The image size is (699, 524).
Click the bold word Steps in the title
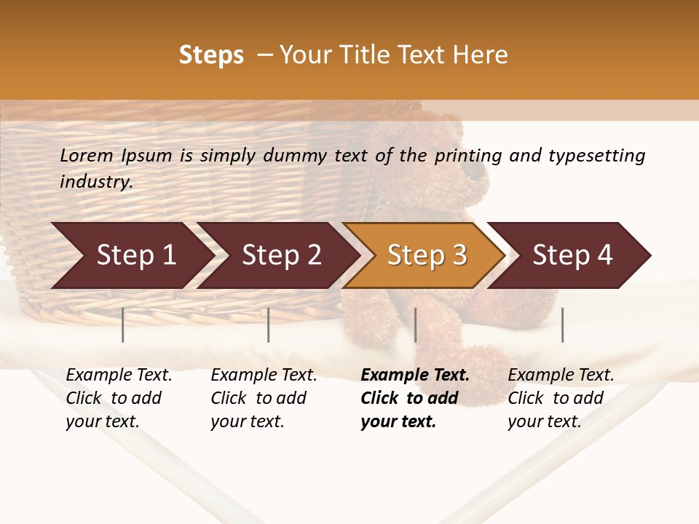tap(211, 55)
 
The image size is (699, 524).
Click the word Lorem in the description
tap(86, 156)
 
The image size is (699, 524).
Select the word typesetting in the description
tap(596, 156)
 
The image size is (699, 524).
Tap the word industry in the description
tap(96, 181)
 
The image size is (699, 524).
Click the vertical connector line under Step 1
tap(123, 325)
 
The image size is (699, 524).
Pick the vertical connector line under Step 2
tap(269, 325)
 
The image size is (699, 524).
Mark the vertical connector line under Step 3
tap(415, 325)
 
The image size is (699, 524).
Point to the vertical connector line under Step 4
tap(562, 325)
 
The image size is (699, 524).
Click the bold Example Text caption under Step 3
tap(414, 398)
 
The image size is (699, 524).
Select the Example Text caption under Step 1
tap(119, 398)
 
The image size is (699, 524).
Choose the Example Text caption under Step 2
tap(264, 398)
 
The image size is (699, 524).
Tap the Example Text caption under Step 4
tap(561, 398)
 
